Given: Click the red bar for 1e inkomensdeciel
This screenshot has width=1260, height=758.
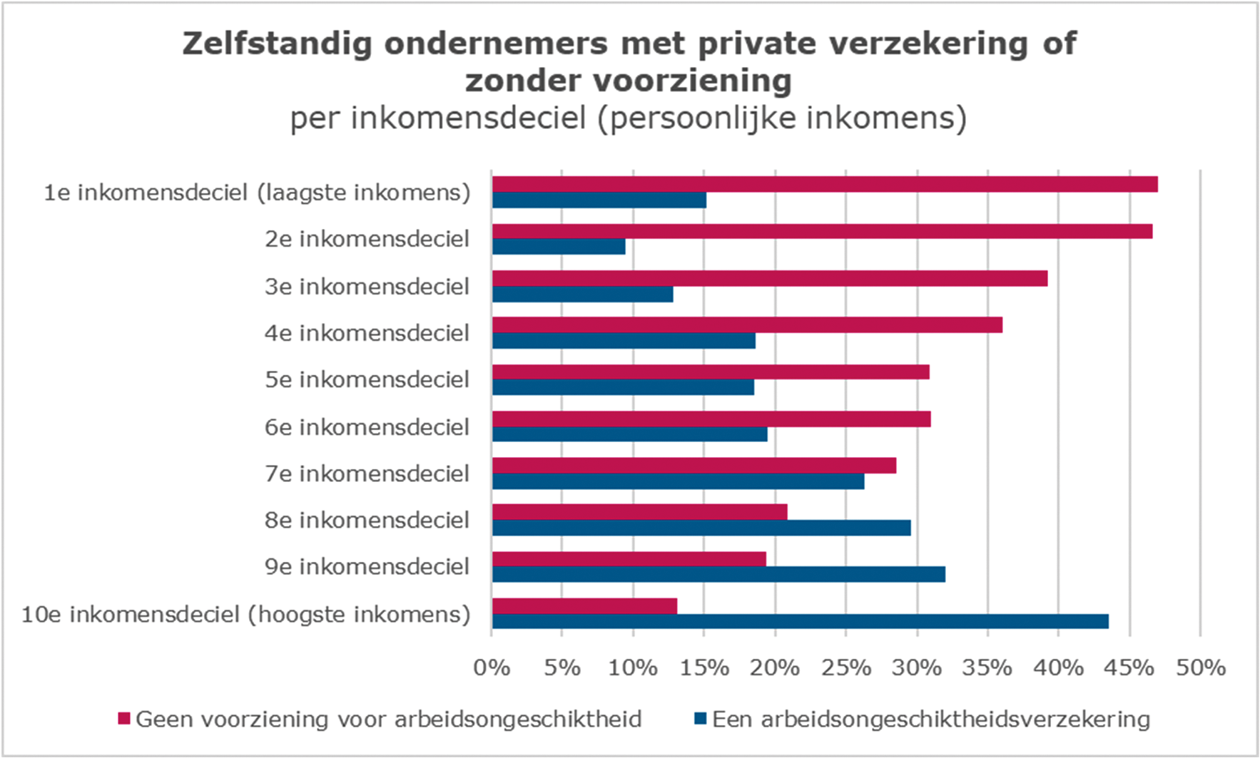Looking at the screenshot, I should (x=824, y=184).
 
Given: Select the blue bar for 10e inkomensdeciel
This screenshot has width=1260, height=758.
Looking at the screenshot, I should (x=800, y=621).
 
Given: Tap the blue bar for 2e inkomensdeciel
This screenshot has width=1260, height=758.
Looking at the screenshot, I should (x=559, y=247).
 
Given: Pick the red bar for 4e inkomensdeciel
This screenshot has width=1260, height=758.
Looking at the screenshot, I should (x=747, y=324).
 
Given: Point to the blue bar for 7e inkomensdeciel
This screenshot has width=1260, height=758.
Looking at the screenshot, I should (x=678, y=481).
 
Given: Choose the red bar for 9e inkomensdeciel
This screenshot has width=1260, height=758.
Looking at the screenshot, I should (x=629, y=558).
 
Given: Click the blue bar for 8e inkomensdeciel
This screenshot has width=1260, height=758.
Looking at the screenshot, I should (x=701, y=528).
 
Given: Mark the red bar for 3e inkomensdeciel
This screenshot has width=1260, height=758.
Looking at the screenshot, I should (x=770, y=278).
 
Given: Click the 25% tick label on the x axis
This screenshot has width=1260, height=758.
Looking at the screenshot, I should (x=845, y=667).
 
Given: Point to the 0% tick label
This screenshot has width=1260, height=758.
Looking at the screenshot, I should (x=492, y=667).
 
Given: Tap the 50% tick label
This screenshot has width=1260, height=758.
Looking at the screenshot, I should (x=1200, y=667).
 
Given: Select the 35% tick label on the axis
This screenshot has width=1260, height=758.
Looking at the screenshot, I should (x=987, y=667).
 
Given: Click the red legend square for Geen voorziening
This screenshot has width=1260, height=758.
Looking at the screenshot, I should (x=124, y=719).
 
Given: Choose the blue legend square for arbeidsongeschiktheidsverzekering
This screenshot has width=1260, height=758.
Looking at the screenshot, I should (x=700, y=719).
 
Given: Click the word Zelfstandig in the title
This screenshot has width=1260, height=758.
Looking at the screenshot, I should (x=277, y=44).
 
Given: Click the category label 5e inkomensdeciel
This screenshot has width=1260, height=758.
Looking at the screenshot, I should (x=367, y=379).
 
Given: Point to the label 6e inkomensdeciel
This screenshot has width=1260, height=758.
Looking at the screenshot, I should (x=367, y=427).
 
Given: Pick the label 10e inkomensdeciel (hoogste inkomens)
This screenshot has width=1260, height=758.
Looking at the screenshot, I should (x=245, y=614).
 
